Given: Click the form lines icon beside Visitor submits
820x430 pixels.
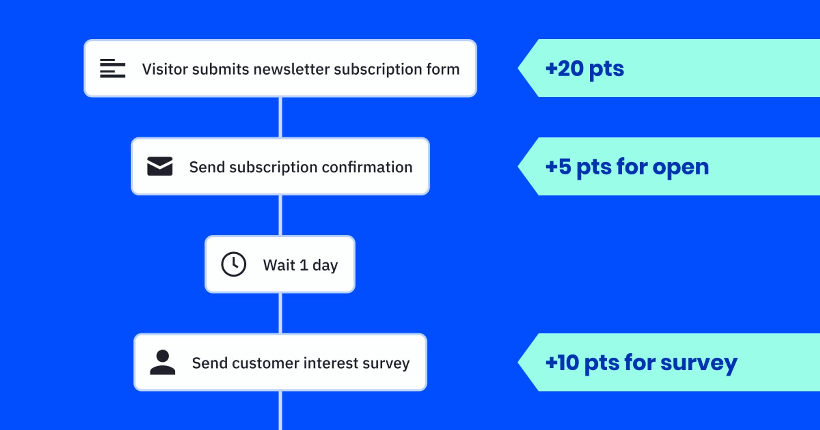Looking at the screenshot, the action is click(112, 68).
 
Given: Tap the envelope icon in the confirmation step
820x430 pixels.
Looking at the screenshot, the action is click(160, 166).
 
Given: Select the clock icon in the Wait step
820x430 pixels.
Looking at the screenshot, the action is click(234, 264).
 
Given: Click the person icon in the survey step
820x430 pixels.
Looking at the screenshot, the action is click(162, 363).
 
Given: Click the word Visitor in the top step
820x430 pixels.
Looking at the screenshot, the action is click(165, 69).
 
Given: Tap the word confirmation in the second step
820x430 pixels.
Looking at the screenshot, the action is click(367, 167).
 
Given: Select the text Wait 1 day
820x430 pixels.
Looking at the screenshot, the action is click(300, 265).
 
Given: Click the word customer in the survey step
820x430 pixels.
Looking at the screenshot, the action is click(266, 363).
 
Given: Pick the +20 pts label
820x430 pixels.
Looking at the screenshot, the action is click(585, 69).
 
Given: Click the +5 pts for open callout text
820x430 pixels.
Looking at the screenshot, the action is click(627, 167).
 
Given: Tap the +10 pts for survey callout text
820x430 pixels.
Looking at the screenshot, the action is click(641, 363).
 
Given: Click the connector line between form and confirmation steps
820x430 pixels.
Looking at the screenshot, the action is click(280, 117).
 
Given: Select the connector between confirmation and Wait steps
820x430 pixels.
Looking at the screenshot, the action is click(280, 215).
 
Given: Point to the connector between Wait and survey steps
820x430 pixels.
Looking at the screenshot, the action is click(280, 313).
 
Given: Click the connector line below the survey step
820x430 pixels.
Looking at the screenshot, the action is click(280, 410).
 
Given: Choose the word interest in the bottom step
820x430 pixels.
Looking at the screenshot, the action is click(331, 363).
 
